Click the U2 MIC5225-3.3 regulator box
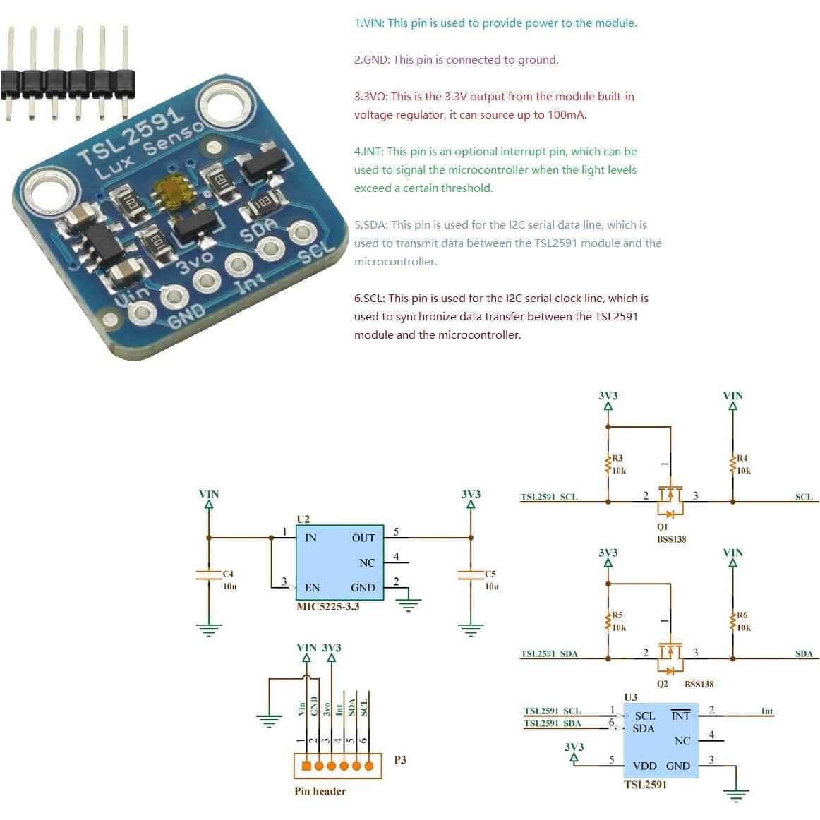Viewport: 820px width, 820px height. click(x=339, y=562)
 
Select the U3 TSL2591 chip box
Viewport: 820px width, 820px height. click(x=661, y=740)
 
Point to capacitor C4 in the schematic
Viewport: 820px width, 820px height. click(x=209, y=574)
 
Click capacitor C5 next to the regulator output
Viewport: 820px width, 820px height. click(x=471, y=574)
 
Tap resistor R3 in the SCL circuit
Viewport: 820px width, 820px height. click(x=608, y=464)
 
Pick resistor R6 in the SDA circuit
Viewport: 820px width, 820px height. click(x=732, y=621)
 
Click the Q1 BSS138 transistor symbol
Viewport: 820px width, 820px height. click(x=670, y=500)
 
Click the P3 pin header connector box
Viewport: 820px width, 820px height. click(x=337, y=766)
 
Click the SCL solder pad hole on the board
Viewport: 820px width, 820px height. click(x=302, y=233)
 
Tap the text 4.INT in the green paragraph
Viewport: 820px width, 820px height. click(x=368, y=152)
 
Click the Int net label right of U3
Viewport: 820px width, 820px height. click(x=766, y=711)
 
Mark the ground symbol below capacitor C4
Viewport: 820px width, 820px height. click(x=209, y=629)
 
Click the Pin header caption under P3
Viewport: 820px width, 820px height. click(x=320, y=791)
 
